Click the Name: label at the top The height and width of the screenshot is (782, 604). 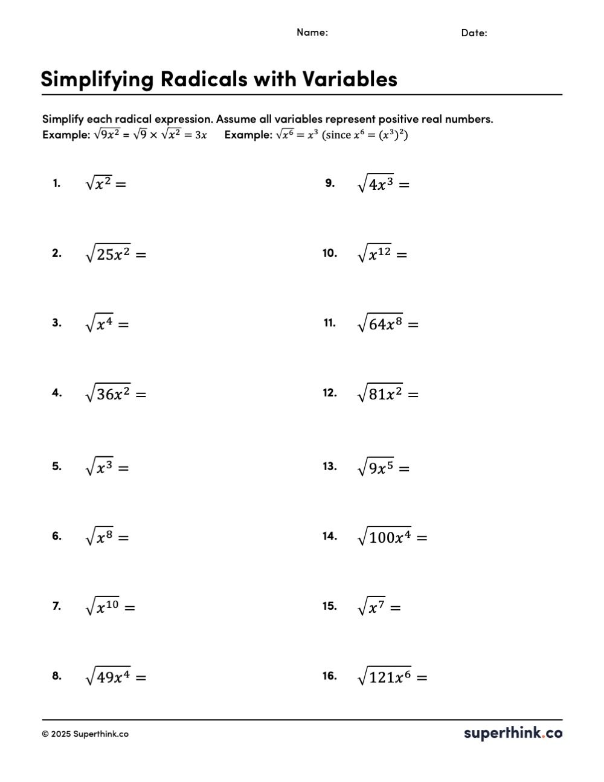[x=312, y=33]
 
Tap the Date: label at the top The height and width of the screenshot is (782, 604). [x=474, y=33]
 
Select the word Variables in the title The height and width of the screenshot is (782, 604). [x=350, y=79]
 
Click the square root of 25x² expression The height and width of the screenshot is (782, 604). [x=108, y=254]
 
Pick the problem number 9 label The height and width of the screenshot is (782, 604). [x=330, y=183]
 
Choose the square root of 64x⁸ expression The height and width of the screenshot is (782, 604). [x=380, y=325]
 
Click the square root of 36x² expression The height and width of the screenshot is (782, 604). [x=108, y=394]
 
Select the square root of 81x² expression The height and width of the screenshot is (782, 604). [x=380, y=394]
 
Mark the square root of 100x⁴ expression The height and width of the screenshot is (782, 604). [x=384, y=537]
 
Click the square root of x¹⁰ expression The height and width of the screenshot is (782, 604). [x=103, y=607]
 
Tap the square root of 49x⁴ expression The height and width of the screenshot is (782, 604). [x=108, y=677]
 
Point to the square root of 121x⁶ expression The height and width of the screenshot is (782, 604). [x=384, y=677]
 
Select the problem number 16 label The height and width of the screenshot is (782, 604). [x=329, y=676]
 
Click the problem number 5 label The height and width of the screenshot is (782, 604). [x=57, y=467]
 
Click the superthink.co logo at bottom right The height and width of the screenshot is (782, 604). [x=513, y=734]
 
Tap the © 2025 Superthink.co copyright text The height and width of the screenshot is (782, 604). [x=85, y=734]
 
